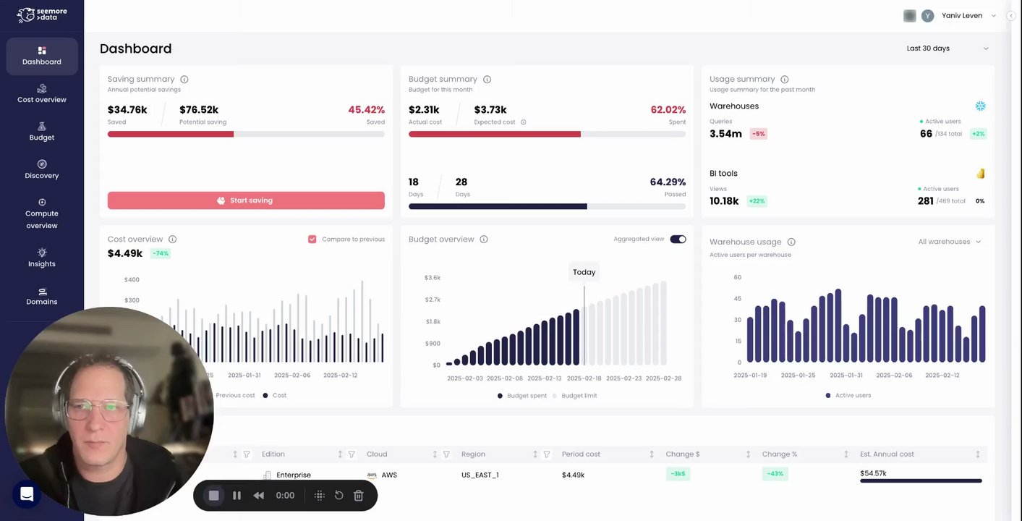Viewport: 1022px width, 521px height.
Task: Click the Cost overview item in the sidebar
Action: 41,93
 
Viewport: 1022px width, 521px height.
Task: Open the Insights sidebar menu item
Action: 41,258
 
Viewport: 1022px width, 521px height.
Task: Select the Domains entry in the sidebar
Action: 41,296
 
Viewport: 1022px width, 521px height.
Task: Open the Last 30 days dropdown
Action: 947,48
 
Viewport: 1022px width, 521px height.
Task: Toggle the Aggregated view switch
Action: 678,240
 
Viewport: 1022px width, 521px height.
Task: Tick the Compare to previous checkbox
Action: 312,240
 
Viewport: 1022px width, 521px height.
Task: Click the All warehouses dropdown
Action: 949,242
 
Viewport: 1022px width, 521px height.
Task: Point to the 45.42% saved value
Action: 366,110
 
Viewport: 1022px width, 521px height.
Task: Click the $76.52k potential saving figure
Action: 199,110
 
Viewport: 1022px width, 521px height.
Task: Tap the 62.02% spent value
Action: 668,110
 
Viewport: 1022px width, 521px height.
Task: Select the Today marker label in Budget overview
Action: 584,272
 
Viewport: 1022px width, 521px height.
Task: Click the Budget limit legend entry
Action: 579,396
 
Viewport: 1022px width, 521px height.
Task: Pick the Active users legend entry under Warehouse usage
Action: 853,396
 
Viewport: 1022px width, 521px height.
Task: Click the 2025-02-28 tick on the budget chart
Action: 663,378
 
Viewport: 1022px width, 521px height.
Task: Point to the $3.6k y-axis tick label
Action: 433,278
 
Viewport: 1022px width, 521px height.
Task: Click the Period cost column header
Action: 582,454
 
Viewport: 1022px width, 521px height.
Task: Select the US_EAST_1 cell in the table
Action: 480,475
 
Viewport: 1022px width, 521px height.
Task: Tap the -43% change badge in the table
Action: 775,474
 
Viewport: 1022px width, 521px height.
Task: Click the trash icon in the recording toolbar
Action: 358,496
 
